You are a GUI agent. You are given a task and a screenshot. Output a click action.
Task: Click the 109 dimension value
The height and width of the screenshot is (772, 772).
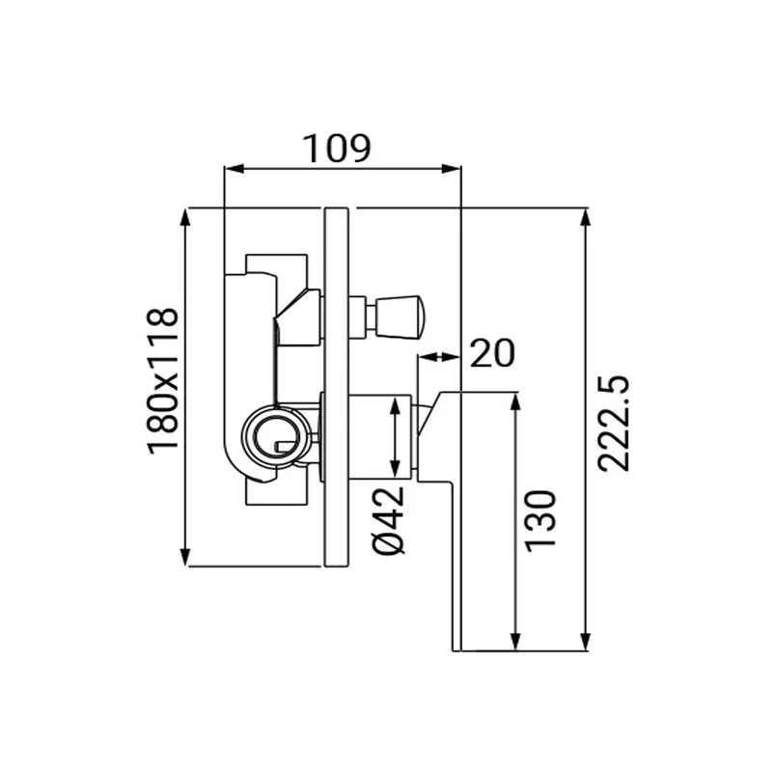point(337,149)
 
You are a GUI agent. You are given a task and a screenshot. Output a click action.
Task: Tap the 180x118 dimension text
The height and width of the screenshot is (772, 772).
point(162,380)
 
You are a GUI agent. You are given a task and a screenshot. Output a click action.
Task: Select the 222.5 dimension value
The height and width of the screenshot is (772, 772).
point(614,424)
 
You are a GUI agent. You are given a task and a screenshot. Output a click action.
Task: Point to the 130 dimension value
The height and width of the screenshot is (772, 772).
point(540,521)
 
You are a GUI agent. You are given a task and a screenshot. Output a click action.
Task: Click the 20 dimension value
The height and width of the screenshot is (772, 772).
point(492,353)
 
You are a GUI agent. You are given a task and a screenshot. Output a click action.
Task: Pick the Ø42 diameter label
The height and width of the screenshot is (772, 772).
point(389,520)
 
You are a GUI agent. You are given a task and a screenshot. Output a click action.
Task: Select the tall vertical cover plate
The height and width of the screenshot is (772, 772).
point(337,387)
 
